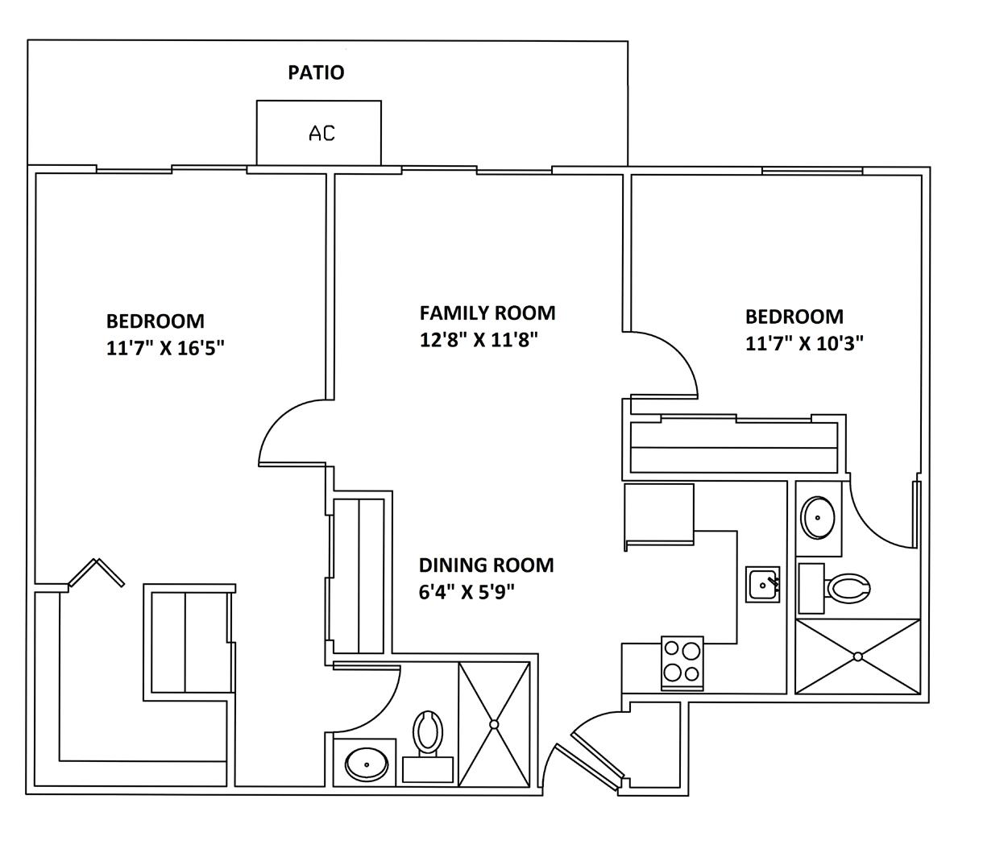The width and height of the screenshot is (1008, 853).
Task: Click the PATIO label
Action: pos(316,72)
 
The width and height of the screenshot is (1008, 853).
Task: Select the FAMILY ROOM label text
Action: pos(487,313)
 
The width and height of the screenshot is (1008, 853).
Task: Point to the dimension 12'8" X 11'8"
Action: pos(478,340)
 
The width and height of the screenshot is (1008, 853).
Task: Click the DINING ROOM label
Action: pos(486,565)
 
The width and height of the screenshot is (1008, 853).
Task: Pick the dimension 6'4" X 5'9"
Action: pos(466,593)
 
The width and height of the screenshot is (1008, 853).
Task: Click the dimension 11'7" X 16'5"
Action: pos(164,349)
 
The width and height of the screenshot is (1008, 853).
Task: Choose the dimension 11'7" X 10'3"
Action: pos(804,344)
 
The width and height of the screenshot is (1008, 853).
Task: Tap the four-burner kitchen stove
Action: pos(682,663)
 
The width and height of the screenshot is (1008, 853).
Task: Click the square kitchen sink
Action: pos(763,584)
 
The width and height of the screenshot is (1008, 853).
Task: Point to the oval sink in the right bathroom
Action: pos(819,516)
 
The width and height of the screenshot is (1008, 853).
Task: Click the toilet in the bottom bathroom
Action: pos(428,732)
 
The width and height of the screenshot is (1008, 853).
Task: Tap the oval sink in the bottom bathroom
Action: pos(367,762)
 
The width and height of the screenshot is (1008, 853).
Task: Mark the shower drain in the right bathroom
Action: pos(857,656)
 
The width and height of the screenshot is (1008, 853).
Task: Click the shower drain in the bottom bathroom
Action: pos(494,725)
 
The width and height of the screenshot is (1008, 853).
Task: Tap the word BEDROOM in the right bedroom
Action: pos(794,317)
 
